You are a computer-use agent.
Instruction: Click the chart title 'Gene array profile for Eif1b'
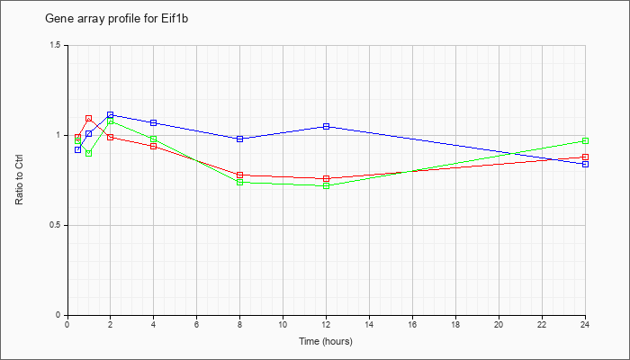(116, 19)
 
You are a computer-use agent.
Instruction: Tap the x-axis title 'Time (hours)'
(326, 341)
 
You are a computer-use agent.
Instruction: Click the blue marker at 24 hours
(585, 165)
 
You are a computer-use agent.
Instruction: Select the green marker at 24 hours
(585, 141)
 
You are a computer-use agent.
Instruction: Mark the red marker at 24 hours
(585, 157)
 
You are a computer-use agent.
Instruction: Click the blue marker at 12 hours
(326, 127)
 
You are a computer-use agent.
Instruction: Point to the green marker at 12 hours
(326, 186)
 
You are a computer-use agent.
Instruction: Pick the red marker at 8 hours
(240, 175)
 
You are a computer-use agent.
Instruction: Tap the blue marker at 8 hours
(240, 139)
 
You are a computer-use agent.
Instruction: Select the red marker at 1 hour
(89, 119)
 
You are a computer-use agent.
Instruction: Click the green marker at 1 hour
(89, 154)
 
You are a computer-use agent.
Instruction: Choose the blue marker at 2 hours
(110, 115)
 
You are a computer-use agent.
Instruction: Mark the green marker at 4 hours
(154, 139)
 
